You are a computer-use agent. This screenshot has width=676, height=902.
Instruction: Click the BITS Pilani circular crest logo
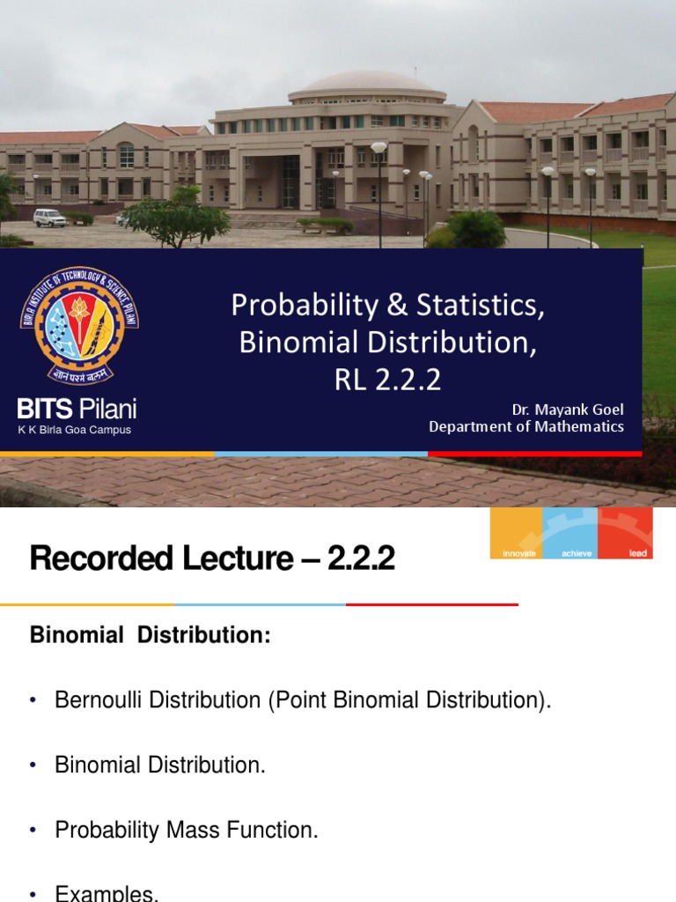click(x=79, y=327)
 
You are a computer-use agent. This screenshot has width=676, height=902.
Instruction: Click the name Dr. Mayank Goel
click(x=568, y=410)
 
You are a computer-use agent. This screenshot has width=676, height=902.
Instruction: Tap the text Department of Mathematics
click(x=526, y=426)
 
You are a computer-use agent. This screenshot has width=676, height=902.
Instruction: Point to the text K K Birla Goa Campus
click(x=75, y=430)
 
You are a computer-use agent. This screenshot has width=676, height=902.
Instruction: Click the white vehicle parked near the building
click(x=49, y=217)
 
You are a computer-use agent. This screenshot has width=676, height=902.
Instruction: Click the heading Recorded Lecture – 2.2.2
click(x=212, y=558)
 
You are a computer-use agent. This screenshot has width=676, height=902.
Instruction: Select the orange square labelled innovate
click(x=517, y=533)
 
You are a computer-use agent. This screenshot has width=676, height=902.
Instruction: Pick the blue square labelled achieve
click(x=570, y=533)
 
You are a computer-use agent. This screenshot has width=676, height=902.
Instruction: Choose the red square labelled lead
click(x=625, y=533)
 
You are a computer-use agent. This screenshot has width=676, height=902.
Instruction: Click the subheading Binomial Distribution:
click(x=151, y=635)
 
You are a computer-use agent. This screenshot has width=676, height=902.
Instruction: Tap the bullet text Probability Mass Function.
click(x=187, y=830)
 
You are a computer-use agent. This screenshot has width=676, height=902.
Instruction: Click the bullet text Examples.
click(x=107, y=893)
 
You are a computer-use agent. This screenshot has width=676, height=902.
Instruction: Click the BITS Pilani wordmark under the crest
click(x=77, y=409)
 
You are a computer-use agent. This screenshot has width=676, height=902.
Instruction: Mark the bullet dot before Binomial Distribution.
click(x=33, y=765)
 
